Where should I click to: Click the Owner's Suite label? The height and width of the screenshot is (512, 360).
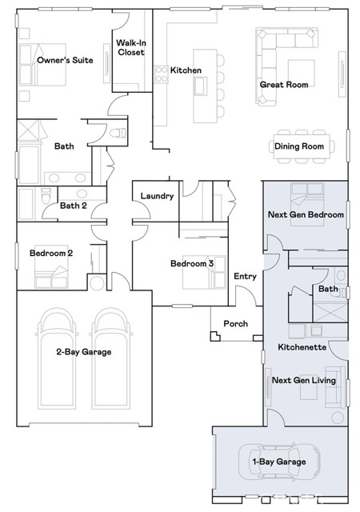click(x=65, y=60)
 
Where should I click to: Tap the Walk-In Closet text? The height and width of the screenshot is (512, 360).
click(x=131, y=47)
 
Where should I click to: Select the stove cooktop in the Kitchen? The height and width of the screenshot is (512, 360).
click(x=161, y=74)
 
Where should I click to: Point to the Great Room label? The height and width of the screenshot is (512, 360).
click(x=284, y=85)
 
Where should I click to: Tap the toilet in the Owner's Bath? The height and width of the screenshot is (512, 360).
click(x=117, y=134)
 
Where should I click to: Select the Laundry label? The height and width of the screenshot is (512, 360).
click(x=157, y=196)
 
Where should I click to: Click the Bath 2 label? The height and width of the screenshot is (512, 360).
click(x=74, y=206)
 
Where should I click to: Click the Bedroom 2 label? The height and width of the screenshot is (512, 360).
click(x=51, y=253)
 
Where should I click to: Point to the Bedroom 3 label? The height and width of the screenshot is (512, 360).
click(x=192, y=263)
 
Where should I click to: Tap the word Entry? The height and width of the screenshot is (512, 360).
click(x=245, y=276)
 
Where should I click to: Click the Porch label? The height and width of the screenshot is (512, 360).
click(x=235, y=323)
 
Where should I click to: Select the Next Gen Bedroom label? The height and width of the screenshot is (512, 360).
click(x=306, y=214)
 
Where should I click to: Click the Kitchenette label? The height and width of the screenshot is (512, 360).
click(x=302, y=346)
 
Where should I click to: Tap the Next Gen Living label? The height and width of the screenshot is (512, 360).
click(x=304, y=380)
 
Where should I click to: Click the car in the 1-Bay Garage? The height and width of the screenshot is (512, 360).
click(x=279, y=462)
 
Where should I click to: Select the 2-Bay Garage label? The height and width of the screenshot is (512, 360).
click(x=84, y=352)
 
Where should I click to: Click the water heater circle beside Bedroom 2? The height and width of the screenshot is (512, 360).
click(x=97, y=282)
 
